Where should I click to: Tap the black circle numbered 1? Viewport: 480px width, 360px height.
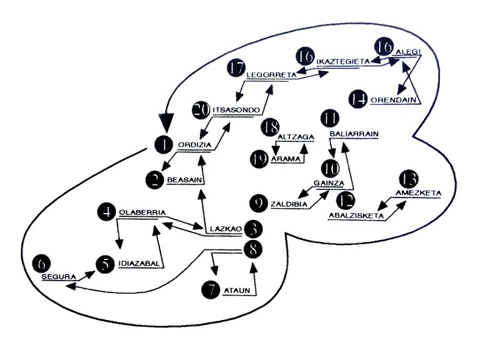point(164,145)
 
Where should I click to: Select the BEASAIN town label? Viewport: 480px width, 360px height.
point(183,180)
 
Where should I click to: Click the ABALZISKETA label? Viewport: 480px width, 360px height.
point(356,216)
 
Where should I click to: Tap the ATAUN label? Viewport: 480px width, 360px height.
point(235,289)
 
